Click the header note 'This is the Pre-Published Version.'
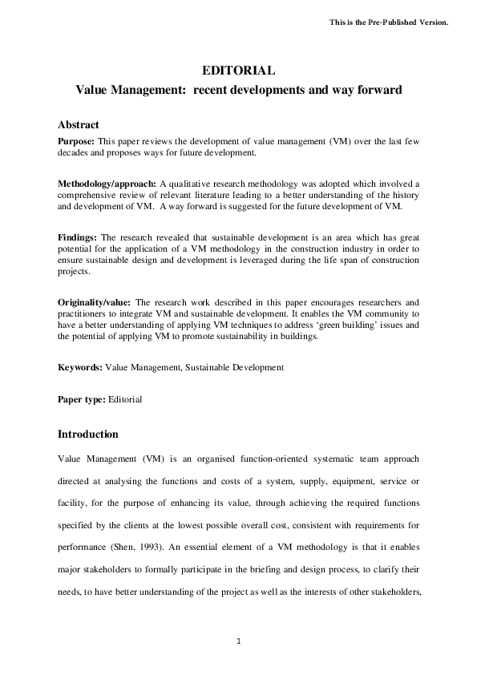coord(389,22)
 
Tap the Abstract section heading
coord(79,125)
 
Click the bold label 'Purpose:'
coord(76,140)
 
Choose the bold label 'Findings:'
coord(78,238)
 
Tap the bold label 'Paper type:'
coord(83,399)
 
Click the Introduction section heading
coord(88,435)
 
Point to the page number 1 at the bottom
coord(238,641)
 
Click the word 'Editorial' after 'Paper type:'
coord(127,399)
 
